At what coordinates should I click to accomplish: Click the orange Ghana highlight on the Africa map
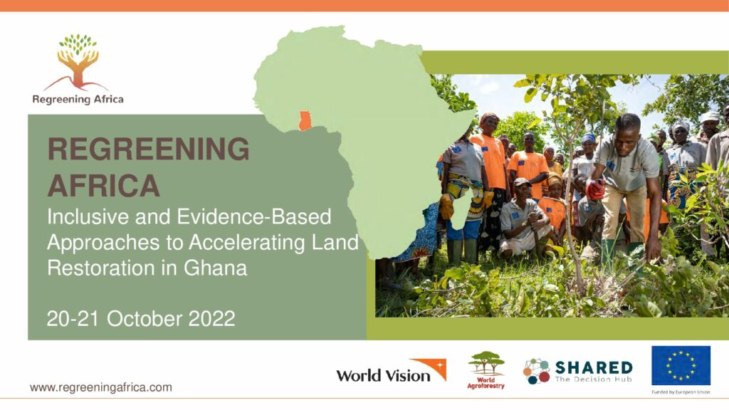[305, 121]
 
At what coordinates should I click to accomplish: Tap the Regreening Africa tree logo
[78, 62]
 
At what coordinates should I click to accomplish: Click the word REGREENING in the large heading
[148, 149]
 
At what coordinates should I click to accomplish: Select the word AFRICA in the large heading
[104, 186]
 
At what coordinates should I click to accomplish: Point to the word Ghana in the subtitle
[215, 268]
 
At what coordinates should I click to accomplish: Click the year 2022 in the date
[211, 319]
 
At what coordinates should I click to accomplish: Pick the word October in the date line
[144, 319]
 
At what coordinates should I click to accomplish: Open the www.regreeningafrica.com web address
[101, 387]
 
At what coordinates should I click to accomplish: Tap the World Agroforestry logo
[486, 370]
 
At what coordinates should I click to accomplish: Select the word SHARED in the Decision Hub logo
[594, 368]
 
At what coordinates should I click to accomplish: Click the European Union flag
[681, 365]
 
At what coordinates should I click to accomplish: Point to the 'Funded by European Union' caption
[681, 392]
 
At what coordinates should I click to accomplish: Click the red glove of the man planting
[595, 189]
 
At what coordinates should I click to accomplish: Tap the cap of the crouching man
[522, 182]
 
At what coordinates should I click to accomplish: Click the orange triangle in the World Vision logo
[430, 367]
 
